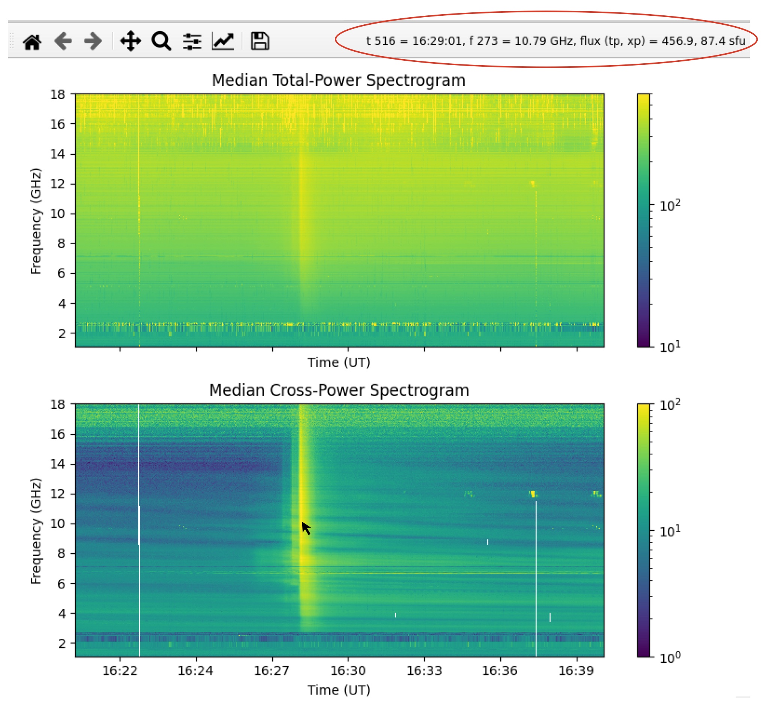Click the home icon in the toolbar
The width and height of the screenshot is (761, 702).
32,42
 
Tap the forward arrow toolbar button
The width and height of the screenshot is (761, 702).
93,41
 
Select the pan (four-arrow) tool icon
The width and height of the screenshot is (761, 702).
131,41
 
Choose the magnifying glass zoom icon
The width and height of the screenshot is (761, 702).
161,41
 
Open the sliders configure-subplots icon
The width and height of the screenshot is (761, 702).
192,42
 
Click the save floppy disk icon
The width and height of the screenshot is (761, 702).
260,41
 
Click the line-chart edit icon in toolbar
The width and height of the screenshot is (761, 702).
223,42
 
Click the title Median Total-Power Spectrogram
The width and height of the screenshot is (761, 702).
339,81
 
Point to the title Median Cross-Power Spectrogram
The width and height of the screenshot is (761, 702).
339,390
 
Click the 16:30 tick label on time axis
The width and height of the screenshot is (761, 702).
348,671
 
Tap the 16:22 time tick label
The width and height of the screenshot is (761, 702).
120,671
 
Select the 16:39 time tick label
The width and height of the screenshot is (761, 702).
576,671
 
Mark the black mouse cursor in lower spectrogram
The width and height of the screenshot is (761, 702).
306,528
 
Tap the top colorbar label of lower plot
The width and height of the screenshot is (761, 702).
670,405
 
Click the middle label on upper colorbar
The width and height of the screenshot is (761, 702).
670,206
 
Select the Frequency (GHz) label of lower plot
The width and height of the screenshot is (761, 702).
36,531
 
